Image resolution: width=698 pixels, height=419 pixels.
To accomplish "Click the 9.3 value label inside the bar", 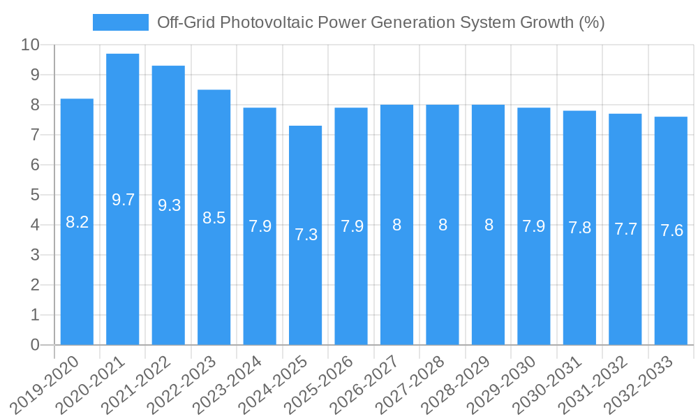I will click(169, 205).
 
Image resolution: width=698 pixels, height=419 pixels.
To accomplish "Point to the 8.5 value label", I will click(214, 218).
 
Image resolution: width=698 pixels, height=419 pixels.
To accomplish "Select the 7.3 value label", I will click(306, 235).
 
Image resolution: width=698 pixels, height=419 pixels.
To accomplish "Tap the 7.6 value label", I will click(671, 230).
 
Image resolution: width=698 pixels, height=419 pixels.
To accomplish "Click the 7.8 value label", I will click(580, 228).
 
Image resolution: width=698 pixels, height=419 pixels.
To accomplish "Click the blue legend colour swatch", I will click(121, 22).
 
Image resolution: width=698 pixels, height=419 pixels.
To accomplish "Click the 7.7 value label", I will click(625, 229).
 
